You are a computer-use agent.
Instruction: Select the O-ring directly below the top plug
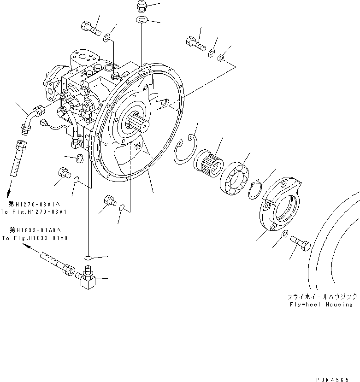click(142, 20)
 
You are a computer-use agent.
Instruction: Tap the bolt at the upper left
click(92, 29)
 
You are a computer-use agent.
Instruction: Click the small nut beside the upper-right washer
click(221, 58)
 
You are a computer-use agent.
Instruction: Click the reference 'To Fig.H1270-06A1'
click(34, 212)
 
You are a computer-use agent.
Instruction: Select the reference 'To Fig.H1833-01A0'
click(35, 238)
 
